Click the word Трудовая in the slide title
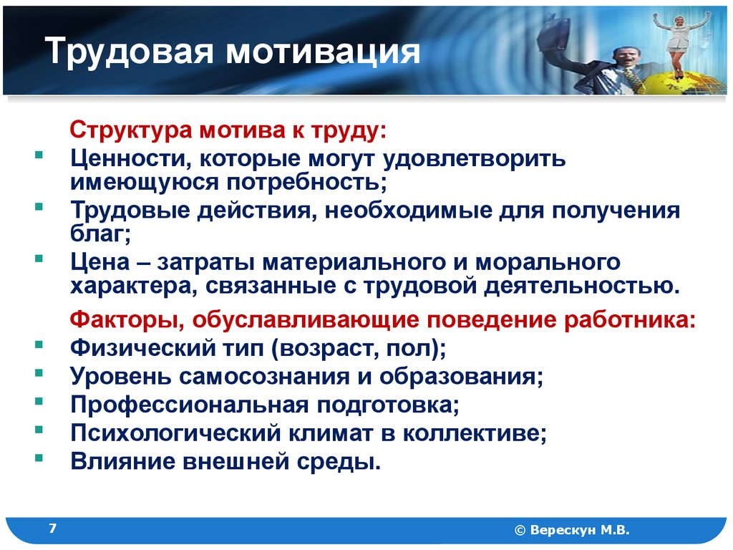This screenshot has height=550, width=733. pyautogui.click(x=129, y=52)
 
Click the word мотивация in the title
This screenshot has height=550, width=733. pyautogui.click(x=323, y=52)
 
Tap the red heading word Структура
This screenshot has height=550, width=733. pyautogui.click(x=131, y=130)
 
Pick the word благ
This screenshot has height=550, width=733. pyautogui.click(x=100, y=233)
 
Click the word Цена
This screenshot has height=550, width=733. pyautogui.click(x=100, y=262)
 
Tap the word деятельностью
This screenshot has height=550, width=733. pyautogui.click(x=581, y=285)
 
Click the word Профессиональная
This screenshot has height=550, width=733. pyautogui.click(x=189, y=405)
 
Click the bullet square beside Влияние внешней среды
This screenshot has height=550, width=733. pyautogui.click(x=39, y=458)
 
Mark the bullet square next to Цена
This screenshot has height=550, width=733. pyautogui.click(x=39, y=258)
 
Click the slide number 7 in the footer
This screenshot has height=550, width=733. pyautogui.click(x=53, y=529)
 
